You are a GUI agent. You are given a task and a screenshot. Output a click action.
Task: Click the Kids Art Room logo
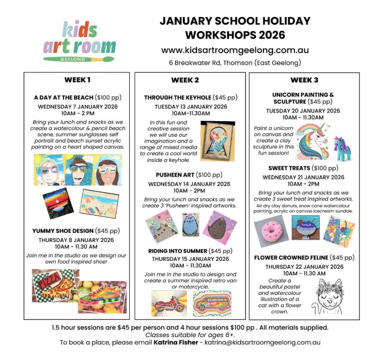pyautogui.click(x=79, y=41)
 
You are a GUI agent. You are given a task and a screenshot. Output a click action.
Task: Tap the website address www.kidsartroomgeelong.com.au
pyautogui.click(x=235, y=50)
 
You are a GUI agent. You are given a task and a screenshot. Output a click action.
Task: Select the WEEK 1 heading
pyautogui.click(x=77, y=79)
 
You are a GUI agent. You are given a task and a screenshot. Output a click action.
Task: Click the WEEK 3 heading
pyautogui.click(x=304, y=80)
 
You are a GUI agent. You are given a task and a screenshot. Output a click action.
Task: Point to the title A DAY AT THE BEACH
pyautogui.click(x=63, y=98)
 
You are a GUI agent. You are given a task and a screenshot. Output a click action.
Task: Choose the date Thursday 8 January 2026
pyautogui.click(x=76, y=240)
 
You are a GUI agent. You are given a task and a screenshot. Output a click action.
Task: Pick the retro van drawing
pyautogui.click(x=212, y=303)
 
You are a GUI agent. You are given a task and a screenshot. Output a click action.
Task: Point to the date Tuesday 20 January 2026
pyautogui.click(x=303, y=111)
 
